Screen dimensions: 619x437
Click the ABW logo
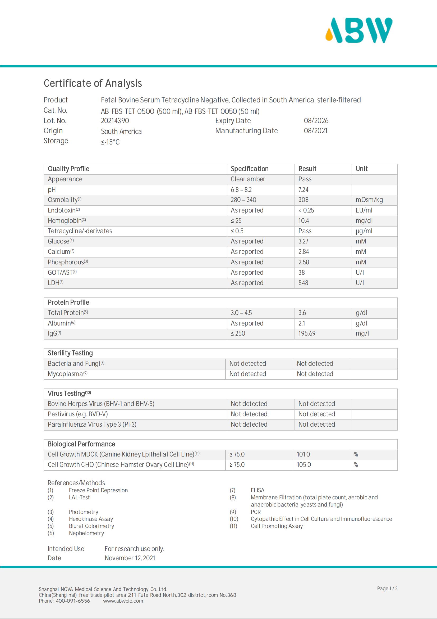pos(359,30)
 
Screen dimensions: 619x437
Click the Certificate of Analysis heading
pos(93,83)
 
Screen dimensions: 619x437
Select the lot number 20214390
pos(115,121)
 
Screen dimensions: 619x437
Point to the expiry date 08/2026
pos(316,121)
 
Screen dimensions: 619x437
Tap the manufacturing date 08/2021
pos(315,131)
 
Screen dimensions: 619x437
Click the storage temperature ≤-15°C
pos(110,142)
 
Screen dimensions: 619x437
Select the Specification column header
pos(249,169)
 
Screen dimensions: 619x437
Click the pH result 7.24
pos(303,190)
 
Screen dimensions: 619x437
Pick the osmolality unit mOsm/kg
pos(369,200)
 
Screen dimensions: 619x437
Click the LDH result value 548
pos(303,283)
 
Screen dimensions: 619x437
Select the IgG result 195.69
pos(307,333)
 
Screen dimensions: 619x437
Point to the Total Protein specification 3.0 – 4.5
pos(241,313)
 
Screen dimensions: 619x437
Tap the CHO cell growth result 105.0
pos(304,464)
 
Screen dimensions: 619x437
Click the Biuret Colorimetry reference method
pos(91,526)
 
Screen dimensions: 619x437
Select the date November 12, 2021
pos(130,558)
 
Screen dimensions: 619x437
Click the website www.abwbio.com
pos(123,601)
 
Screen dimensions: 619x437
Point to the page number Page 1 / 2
pos(387,588)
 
